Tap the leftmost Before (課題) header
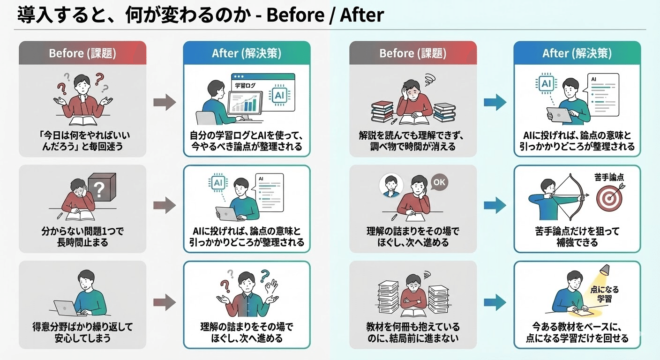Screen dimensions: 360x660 coord(82,53)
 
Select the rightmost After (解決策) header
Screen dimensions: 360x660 coord(577,53)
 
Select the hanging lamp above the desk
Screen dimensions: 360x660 coord(604,271)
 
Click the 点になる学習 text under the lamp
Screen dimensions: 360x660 coord(604,294)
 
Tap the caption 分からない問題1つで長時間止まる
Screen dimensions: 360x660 coord(82,237)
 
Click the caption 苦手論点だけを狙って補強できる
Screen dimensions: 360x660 coord(577,237)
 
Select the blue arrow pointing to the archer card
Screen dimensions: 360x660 coord(495,205)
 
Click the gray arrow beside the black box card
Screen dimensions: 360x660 coord(165,205)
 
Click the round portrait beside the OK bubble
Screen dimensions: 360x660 coord(390,186)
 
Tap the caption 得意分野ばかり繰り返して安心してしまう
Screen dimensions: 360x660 coord(82,332)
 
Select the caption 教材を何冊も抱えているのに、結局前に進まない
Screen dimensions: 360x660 coord(413,332)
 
